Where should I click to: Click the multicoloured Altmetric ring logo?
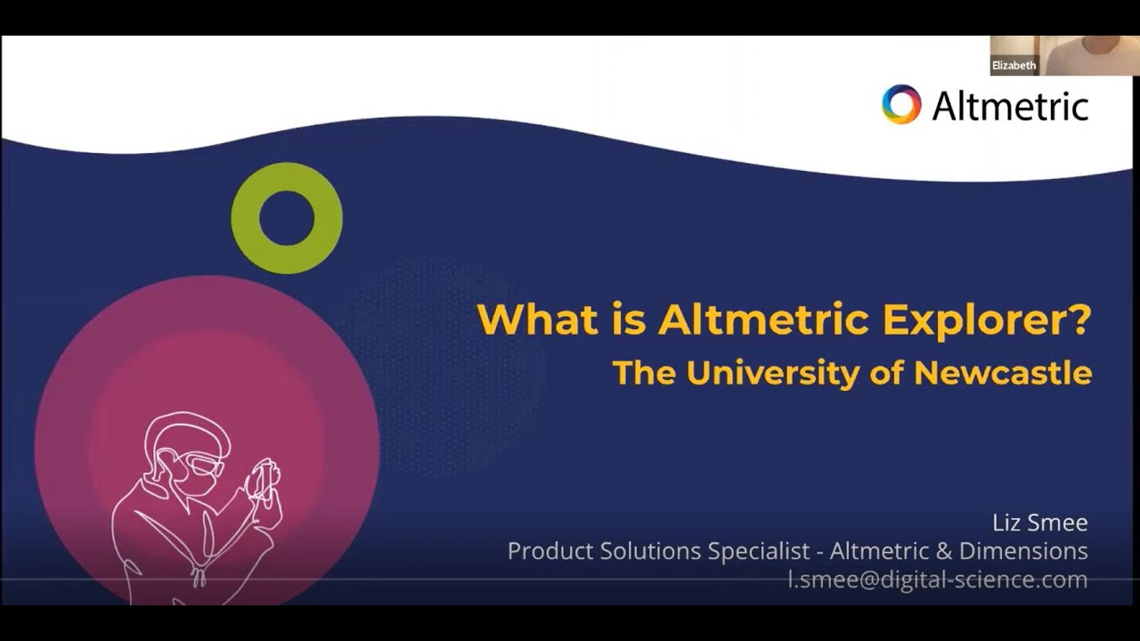(x=901, y=104)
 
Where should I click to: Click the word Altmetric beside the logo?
(x=1010, y=106)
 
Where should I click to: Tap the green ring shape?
(x=287, y=218)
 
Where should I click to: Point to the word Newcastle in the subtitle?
(x=1003, y=372)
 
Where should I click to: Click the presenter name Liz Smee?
(x=1039, y=522)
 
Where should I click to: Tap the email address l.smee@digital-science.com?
(x=938, y=580)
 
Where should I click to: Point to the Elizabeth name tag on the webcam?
(x=1014, y=66)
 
